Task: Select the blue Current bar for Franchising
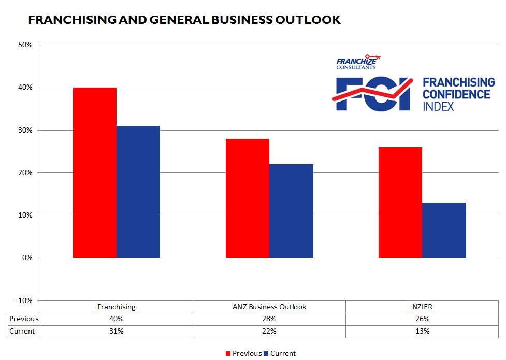pyautogui.click(x=138, y=192)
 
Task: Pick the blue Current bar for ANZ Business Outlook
pyautogui.click(x=291, y=211)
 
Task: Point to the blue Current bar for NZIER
pyautogui.click(x=444, y=230)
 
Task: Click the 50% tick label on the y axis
pyautogui.click(x=25, y=45)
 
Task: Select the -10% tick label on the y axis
pyautogui.click(x=24, y=300)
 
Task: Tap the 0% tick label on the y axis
pyautogui.click(x=27, y=258)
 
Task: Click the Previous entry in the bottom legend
pyautogui.click(x=243, y=353)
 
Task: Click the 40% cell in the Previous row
pyautogui.click(x=117, y=319)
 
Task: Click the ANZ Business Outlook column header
pyautogui.click(x=269, y=307)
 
